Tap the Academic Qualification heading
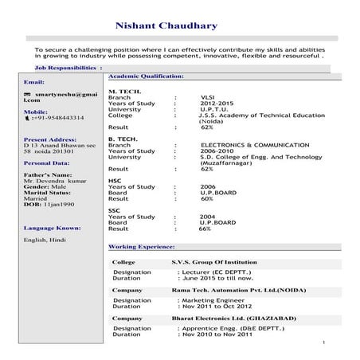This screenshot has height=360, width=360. click(146, 76)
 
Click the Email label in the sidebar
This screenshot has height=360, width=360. click(34, 82)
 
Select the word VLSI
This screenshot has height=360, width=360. click(208, 99)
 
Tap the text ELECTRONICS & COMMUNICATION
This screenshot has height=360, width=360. click(255, 145)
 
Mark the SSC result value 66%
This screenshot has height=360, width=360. click(205, 229)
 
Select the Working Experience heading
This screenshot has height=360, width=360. click(141, 247)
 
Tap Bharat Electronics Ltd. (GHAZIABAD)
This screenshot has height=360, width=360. click(233, 319)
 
